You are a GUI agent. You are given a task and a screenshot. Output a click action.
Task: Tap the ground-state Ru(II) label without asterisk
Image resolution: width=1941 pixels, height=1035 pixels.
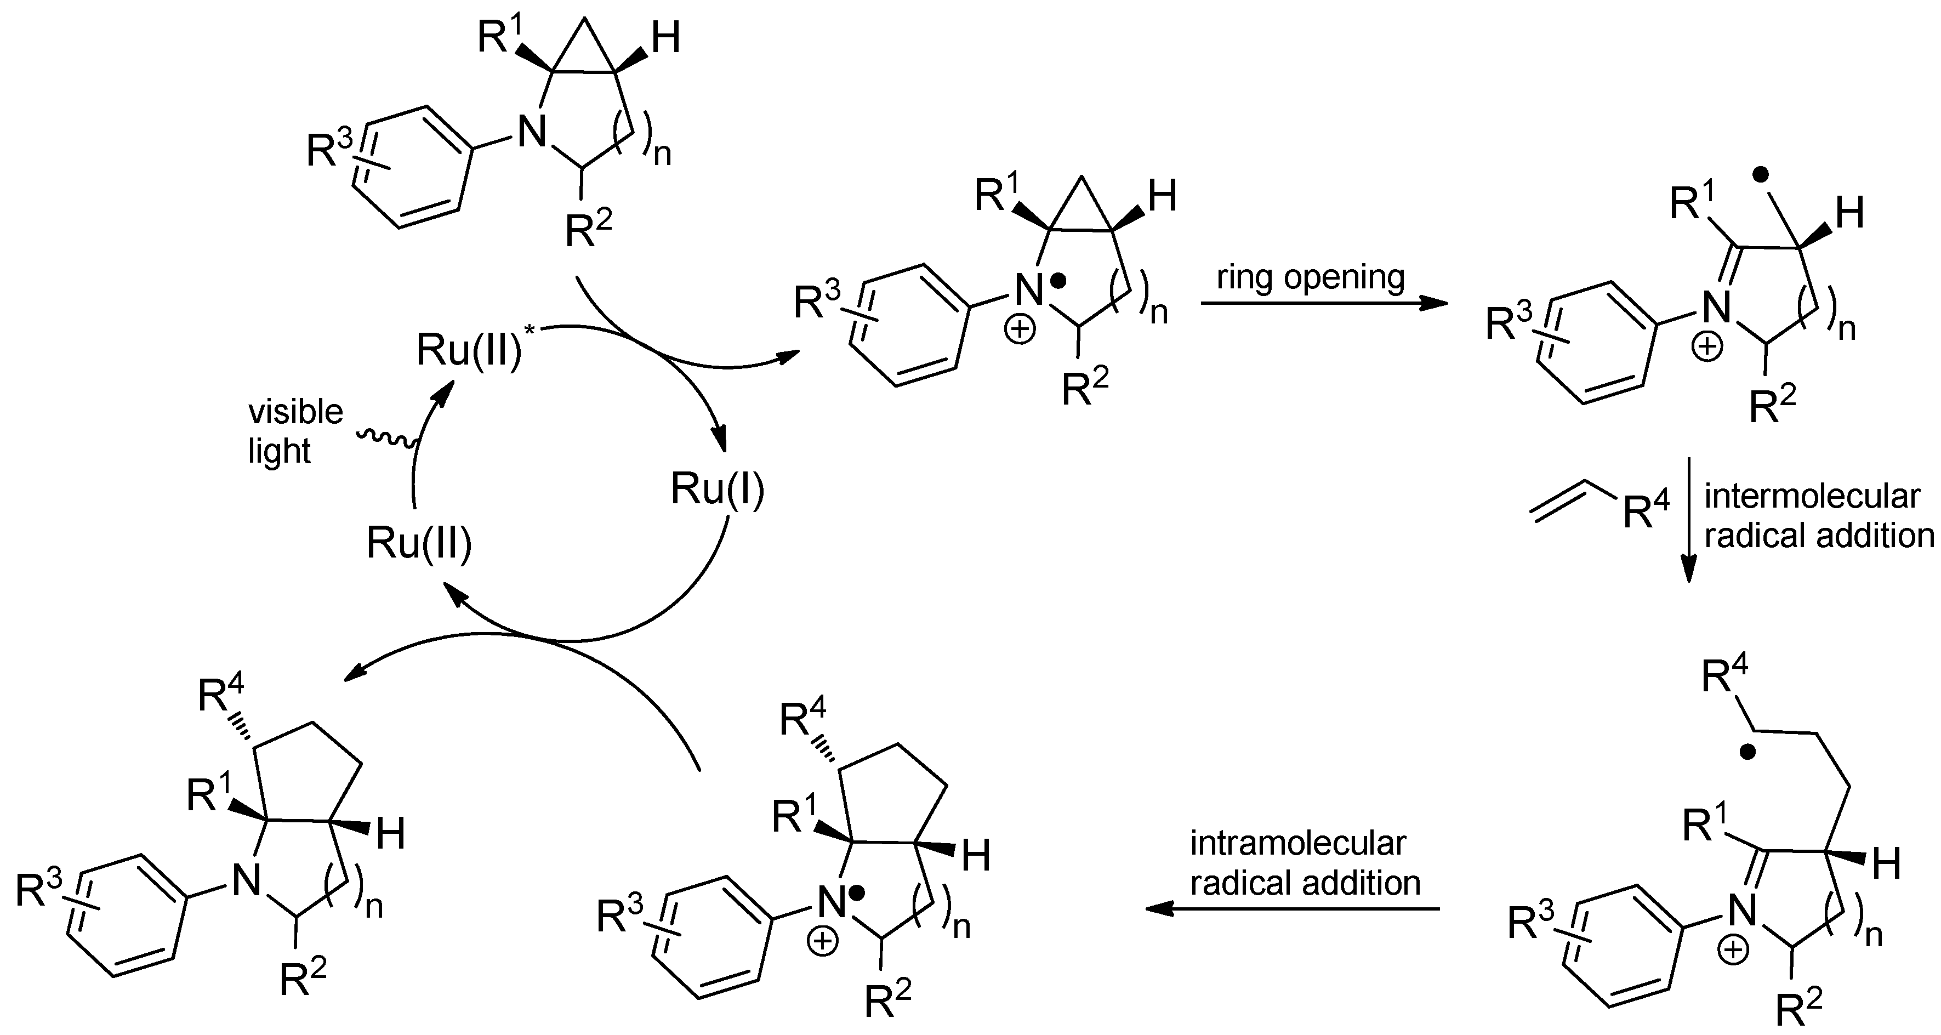419,543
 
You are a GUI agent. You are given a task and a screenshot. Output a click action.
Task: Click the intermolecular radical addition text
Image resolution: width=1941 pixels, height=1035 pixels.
1818,516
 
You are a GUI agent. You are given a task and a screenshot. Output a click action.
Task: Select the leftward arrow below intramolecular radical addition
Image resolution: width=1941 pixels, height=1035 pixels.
1291,909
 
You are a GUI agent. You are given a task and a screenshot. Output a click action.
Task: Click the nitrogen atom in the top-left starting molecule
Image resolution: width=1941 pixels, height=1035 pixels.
532,133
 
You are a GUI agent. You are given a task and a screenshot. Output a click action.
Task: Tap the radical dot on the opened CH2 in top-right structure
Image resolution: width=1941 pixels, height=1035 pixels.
1761,174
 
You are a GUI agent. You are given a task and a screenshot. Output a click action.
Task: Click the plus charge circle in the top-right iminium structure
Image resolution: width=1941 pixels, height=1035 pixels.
1707,348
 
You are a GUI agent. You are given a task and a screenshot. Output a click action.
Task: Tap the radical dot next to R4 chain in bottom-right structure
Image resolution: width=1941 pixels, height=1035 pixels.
1748,752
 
